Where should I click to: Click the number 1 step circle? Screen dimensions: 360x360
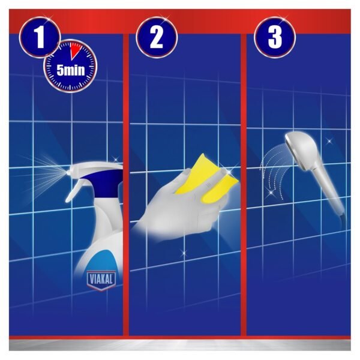click(x=40, y=38)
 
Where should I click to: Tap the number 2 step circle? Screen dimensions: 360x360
click(x=157, y=38)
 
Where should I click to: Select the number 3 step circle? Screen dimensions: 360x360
click(x=274, y=38)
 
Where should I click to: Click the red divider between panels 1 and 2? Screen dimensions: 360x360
click(x=126, y=180)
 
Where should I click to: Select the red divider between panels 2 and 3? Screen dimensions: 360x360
click(x=244, y=180)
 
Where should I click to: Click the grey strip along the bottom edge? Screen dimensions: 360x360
click(x=180, y=346)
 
